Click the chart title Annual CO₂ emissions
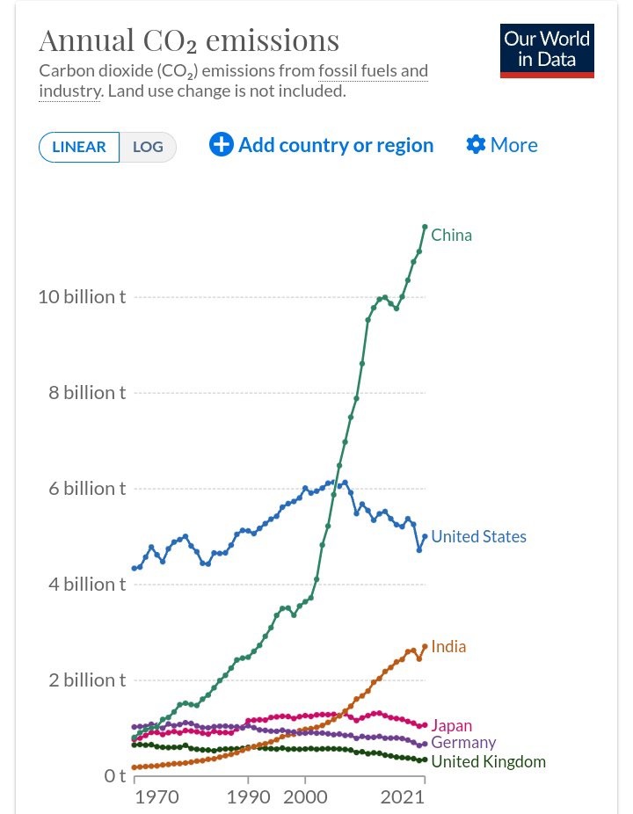pos(189,40)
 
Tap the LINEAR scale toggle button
pos(79,147)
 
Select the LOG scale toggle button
pos(148,147)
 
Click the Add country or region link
pos(322,145)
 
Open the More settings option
pos(502,145)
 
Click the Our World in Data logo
pos(547,50)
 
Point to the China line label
pos(451,235)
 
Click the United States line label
pos(478,536)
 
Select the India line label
pos(448,646)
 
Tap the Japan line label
pos(451,725)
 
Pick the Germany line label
pos(463,743)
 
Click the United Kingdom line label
pos(488,761)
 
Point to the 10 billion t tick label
pos(82,297)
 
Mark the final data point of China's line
pos(425,227)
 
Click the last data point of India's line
pos(425,646)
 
